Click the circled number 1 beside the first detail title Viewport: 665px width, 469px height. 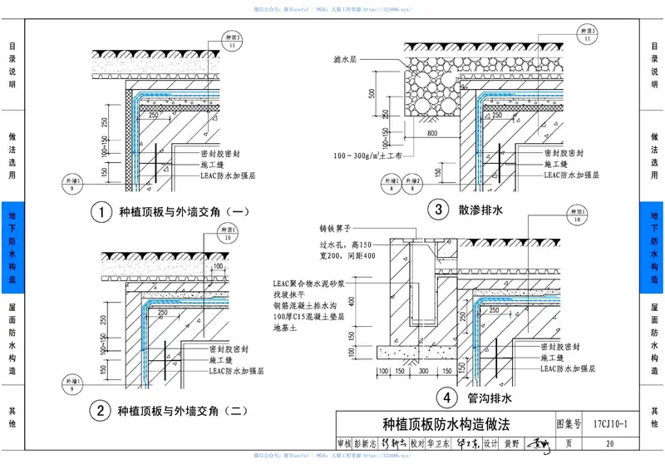tap(101, 213)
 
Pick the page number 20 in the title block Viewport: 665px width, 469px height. tap(611, 444)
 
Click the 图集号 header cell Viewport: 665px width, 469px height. tap(569, 424)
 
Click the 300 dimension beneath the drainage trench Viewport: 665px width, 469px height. tap(425, 371)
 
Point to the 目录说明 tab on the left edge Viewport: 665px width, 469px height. tap(12, 66)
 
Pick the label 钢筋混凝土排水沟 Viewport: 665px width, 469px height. tap(312, 306)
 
